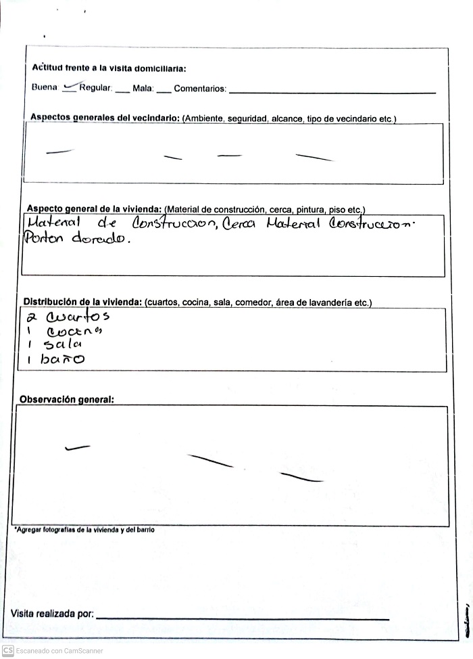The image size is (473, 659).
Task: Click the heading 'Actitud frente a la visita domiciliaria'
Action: [109, 68]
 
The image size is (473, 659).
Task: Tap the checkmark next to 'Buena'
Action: [69, 87]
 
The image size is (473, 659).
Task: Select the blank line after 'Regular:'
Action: [122, 91]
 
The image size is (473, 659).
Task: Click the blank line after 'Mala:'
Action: [164, 91]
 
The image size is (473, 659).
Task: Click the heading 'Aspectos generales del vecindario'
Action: [105, 118]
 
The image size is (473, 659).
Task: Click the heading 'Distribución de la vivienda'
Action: [82, 302]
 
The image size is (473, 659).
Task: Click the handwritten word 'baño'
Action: [62, 360]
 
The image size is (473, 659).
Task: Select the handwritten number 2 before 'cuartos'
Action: [31, 317]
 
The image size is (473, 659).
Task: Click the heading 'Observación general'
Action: [66, 399]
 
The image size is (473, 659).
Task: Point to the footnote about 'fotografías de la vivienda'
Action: [84, 530]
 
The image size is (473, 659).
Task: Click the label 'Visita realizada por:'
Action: [52, 614]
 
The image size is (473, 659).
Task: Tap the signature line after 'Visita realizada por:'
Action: [243, 618]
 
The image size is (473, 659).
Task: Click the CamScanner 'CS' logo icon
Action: [8, 650]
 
